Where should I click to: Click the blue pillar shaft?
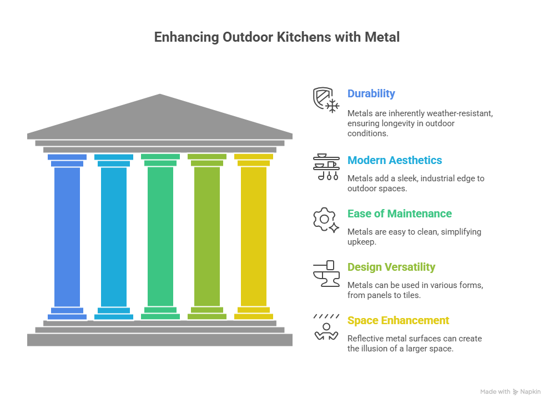pos(67,236)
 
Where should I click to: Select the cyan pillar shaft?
pos(114,236)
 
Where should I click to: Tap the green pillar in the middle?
pos(160,236)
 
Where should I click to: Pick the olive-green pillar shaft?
pos(207,236)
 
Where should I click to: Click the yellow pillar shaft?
pos(254,236)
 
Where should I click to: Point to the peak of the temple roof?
pos(160,95)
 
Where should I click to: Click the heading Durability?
pos(371,94)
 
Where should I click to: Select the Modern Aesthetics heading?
pos(395,161)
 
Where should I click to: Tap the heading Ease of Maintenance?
pos(399,214)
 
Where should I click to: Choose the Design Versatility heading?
pos(391,267)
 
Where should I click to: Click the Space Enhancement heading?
pos(398,321)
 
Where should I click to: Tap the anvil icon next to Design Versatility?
pos(326,274)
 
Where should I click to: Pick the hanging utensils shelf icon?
pos(326,167)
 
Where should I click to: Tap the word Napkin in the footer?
pos(530,392)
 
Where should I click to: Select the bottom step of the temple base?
pos(160,340)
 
